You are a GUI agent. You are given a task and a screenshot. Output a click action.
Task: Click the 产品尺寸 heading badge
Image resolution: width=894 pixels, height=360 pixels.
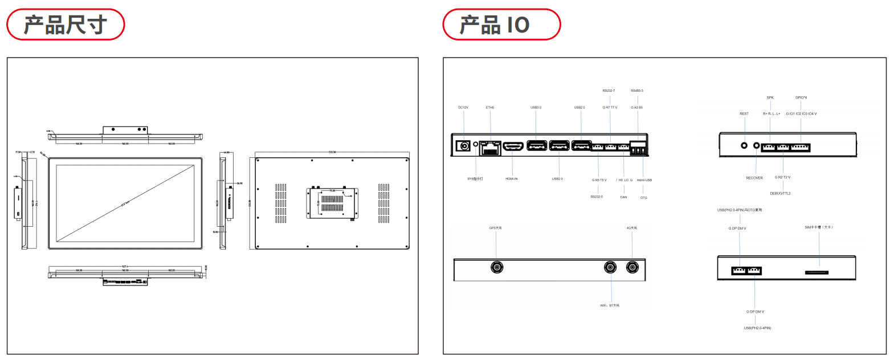[x=66, y=24]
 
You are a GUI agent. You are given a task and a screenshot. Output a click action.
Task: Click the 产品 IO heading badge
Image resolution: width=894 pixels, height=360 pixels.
[x=501, y=24]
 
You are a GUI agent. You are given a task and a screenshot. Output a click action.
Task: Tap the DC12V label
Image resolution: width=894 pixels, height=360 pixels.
[x=463, y=108]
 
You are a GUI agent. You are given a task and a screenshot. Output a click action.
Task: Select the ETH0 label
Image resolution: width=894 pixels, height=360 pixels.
[x=490, y=108]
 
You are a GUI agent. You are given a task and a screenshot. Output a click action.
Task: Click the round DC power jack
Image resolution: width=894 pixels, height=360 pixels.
[x=464, y=146]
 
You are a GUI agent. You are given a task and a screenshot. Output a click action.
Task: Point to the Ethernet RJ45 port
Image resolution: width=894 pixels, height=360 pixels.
[x=489, y=148]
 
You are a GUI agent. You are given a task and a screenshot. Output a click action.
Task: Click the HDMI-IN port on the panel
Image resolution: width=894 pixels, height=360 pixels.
[x=513, y=146]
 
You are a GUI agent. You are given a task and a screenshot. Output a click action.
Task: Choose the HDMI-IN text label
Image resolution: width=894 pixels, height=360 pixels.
[x=512, y=179]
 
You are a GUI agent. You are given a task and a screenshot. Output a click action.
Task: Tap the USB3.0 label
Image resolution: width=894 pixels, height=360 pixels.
[x=536, y=108]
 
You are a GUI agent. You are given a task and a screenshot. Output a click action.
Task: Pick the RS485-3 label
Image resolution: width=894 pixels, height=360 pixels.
[x=637, y=91]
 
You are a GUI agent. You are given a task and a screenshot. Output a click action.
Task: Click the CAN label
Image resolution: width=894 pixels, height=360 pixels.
[x=623, y=197]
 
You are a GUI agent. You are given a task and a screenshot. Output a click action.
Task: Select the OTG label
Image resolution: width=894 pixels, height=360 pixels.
[x=644, y=198]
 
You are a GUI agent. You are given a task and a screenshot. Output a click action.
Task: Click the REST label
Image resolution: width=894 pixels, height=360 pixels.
[x=744, y=114]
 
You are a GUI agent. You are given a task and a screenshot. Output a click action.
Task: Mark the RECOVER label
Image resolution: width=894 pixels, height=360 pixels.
[x=754, y=178]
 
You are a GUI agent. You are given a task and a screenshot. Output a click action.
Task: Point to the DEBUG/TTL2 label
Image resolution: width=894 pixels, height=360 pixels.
[x=780, y=194]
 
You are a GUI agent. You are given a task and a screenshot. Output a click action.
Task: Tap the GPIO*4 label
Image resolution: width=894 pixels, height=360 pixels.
[x=801, y=97]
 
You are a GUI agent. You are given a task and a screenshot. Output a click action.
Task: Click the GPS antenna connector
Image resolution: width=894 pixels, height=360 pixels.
[x=497, y=267]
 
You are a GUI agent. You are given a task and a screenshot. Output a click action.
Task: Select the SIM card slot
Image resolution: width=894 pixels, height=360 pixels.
[x=817, y=272]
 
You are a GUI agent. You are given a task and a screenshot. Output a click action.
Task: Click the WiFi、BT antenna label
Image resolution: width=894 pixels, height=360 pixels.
[x=610, y=305]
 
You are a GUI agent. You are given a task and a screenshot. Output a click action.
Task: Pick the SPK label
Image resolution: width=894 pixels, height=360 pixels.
[x=770, y=97]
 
